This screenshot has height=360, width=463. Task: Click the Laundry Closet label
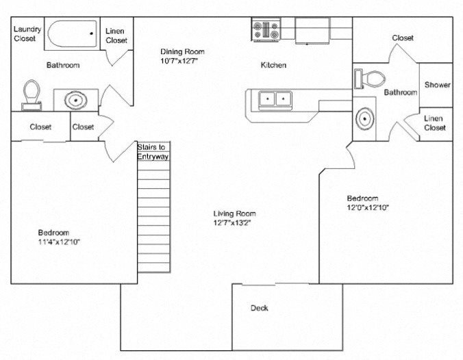coord(28,34)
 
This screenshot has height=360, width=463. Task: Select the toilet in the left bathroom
coord(31,94)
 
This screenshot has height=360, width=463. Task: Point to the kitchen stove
coord(265,30)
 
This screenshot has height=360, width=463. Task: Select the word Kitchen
coord(273,66)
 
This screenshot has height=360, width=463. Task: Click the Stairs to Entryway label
coord(153,152)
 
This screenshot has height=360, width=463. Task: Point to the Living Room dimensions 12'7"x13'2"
coord(234,222)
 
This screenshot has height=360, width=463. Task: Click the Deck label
coord(259,308)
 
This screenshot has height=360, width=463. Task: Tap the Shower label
coord(437,85)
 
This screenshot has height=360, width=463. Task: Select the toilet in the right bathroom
coord(370,77)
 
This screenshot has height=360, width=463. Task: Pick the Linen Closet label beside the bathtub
coord(116,36)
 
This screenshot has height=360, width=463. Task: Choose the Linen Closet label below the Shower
coord(435,123)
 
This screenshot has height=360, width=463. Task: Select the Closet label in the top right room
coord(403,38)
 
